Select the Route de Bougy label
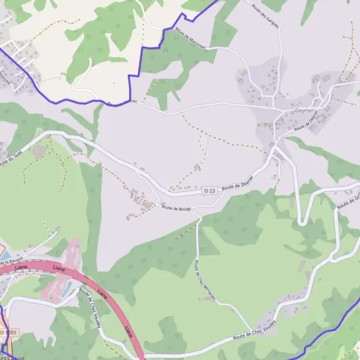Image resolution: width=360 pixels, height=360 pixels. pyautogui.click(x=176, y=207)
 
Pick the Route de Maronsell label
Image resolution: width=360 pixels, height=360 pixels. pyautogui.click(x=191, y=41)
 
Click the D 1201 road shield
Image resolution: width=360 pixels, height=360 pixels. pyautogui.click(x=9, y=332)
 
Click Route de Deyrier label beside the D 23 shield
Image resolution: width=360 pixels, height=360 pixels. pyautogui.click(x=238, y=183)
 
